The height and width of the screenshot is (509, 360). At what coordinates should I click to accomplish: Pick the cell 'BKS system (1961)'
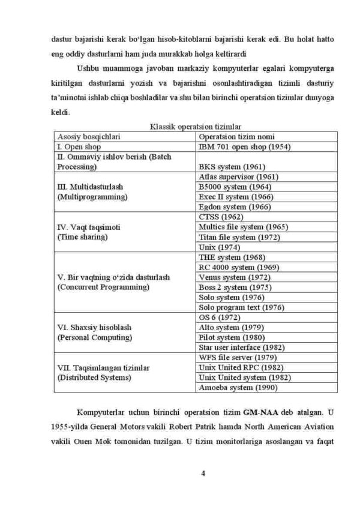pyautogui.click(x=232, y=166)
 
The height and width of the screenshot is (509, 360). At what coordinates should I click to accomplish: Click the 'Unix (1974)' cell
pyautogui.click(x=220, y=247)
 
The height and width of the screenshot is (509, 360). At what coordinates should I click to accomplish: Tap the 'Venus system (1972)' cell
pyautogui.click(x=234, y=277)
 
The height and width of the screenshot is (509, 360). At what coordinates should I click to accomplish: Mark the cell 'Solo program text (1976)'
pyautogui.click(x=241, y=307)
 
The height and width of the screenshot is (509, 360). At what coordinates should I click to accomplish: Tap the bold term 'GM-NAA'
pyautogui.click(x=261, y=412)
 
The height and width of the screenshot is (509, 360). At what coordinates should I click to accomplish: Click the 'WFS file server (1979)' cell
pyautogui.click(x=238, y=358)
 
